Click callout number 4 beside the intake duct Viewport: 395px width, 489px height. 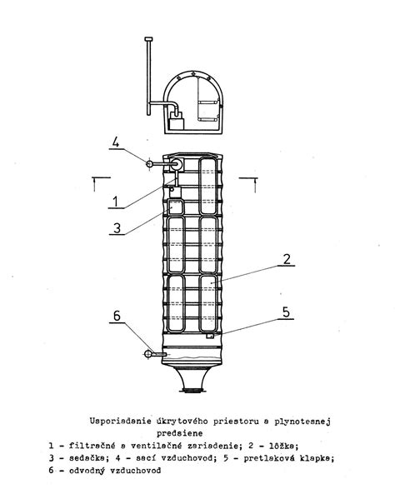pyautogui.click(x=116, y=142)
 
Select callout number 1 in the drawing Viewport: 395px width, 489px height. pyautogui.click(x=116, y=202)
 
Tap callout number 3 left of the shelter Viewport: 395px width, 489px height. pyautogui.click(x=117, y=228)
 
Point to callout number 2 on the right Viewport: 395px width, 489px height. pyautogui.click(x=287, y=259)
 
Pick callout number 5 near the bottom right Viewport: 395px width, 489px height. pyautogui.click(x=286, y=312)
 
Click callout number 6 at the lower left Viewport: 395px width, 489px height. pyautogui.click(x=117, y=316)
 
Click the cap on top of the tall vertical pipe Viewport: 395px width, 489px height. pyautogui.click(x=149, y=39)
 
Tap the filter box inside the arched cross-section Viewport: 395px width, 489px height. pyautogui.click(x=176, y=123)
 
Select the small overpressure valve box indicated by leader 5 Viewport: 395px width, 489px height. pyautogui.click(x=211, y=336)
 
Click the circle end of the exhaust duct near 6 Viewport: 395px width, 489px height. pyautogui.click(x=147, y=354)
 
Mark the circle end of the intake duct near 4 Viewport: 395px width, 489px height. pyautogui.click(x=149, y=163)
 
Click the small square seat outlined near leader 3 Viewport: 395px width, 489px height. pyautogui.click(x=176, y=207)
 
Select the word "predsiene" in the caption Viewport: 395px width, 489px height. pyautogui.click(x=179, y=433)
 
